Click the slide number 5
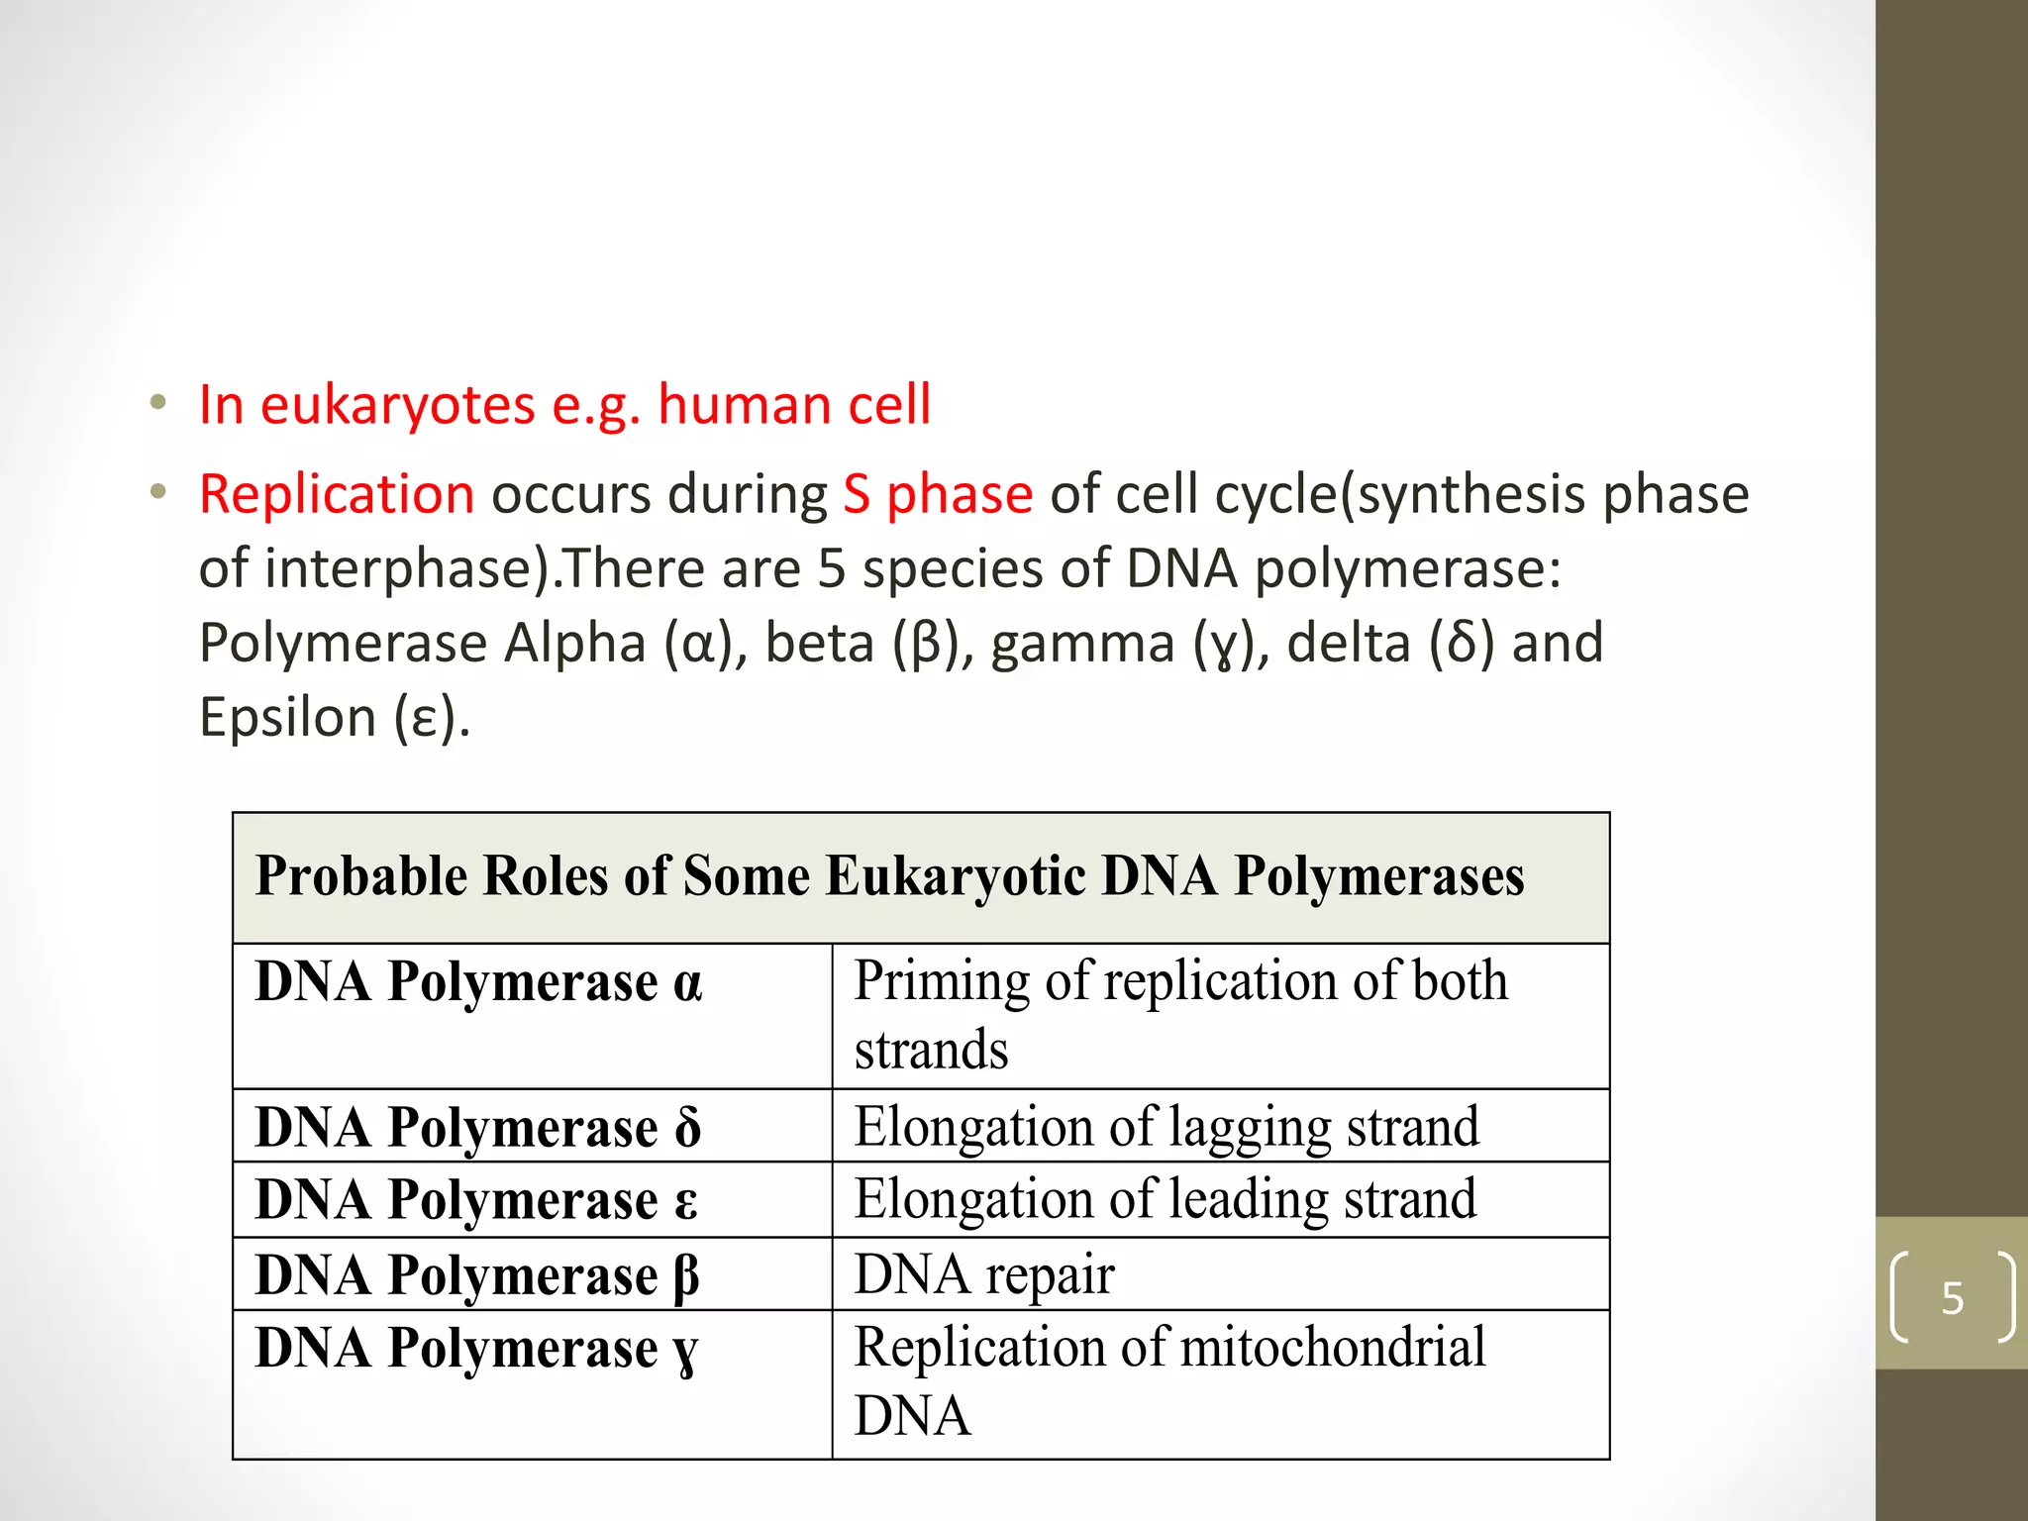[1952, 1298]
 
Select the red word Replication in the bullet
[337, 494]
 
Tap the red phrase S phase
[938, 494]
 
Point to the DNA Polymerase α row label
[478, 982]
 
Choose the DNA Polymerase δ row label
[478, 1128]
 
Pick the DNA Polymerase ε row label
[476, 1200]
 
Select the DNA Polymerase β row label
[477, 1275]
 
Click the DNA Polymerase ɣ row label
[476, 1349]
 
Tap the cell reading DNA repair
[984, 1274]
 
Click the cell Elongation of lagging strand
[1166, 1127]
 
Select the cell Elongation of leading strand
[1166, 1199]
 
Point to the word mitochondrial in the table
[1333, 1348]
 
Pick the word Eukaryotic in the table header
[956, 876]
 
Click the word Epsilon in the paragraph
[288, 717]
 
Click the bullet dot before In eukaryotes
[157, 404]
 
